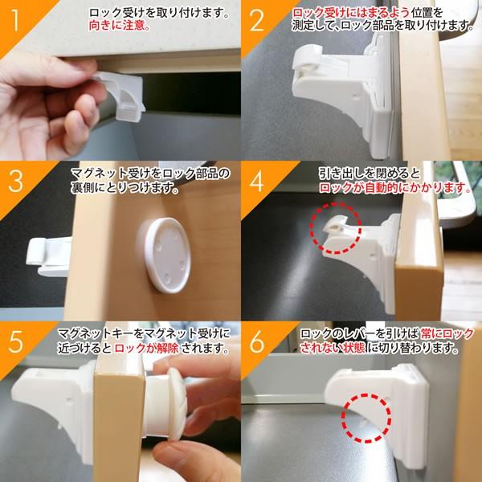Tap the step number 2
[x=257, y=21]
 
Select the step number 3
[x=16, y=182]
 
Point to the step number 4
[x=257, y=182]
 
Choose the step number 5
[x=16, y=342]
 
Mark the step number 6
[x=257, y=342]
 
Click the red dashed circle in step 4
[x=335, y=203]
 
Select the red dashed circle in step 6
[x=366, y=394]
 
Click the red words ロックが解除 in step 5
[x=146, y=349]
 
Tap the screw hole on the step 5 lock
[x=69, y=401]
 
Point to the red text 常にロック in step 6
[x=447, y=333]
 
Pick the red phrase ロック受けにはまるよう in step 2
[x=351, y=13]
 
